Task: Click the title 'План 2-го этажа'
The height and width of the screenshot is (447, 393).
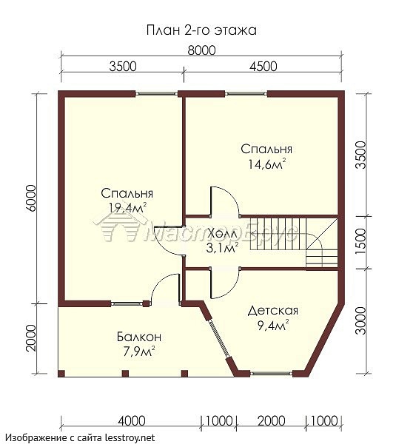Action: click(201, 30)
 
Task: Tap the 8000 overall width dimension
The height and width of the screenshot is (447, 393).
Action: click(201, 50)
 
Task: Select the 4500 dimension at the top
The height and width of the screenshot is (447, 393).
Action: click(263, 67)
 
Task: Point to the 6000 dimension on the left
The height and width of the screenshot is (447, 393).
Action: click(31, 198)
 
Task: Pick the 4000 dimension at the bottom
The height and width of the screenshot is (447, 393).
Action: click(132, 421)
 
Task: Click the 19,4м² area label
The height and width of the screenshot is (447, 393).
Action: click(128, 207)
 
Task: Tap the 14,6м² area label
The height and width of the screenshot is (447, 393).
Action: click(266, 164)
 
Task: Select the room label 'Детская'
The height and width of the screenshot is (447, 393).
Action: click(272, 310)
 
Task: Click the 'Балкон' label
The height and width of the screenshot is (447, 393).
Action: click(139, 337)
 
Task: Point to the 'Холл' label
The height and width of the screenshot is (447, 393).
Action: click(223, 235)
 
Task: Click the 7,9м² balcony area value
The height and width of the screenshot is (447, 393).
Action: click(139, 352)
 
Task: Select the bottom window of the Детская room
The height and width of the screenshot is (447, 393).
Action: click(271, 373)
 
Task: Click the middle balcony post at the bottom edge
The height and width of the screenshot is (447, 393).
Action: click(125, 374)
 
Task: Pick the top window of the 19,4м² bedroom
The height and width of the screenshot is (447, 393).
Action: click(156, 94)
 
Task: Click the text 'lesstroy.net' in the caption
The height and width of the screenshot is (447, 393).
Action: click(130, 437)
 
